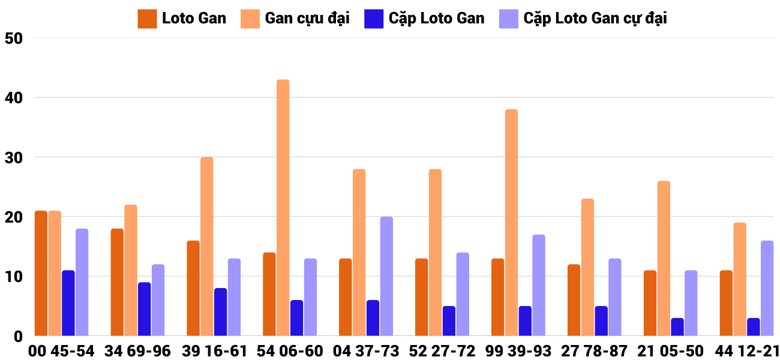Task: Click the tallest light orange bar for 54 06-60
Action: [283, 208]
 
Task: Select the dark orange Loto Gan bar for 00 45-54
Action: [41, 273]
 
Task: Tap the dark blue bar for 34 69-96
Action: [144, 309]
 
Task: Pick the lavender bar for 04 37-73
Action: [386, 276]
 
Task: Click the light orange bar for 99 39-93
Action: [511, 223]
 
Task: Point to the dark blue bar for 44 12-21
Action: [753, 327]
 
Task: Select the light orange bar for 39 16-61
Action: [206, 247]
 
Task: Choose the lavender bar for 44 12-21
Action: [767, 288]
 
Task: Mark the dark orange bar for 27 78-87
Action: [574, 300]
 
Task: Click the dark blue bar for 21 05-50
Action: [677, 327]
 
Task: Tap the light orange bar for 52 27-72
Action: [435, 253]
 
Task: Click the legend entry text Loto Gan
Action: [194, 18]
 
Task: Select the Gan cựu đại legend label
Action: [307, 18]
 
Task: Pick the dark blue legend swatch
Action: [373, 19]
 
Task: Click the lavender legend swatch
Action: [508, 19]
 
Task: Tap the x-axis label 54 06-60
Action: [290, 350]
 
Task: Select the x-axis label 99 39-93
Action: [518, 350]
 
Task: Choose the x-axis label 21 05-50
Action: [671, 350]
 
